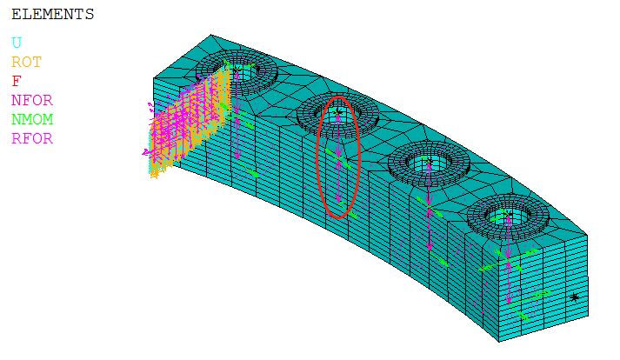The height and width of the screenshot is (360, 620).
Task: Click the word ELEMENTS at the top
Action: tap(52, 15)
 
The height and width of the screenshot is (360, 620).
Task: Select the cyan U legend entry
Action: tap(17, 43)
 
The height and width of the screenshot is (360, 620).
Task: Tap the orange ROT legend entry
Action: tap(26, 62)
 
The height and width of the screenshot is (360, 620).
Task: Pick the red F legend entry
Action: tap(17, 81)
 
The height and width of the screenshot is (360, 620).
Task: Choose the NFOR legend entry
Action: tap(32, 101)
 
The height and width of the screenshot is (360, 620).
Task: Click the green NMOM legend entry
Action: tap(32, 119)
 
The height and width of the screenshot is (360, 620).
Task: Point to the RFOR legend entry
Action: tap(32, 138)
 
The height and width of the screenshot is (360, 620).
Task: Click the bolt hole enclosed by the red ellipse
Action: tap(337, 115)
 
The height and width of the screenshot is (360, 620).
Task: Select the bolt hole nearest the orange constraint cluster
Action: tap(237, 70)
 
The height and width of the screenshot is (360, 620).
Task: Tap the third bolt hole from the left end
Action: tap(429, 163)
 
